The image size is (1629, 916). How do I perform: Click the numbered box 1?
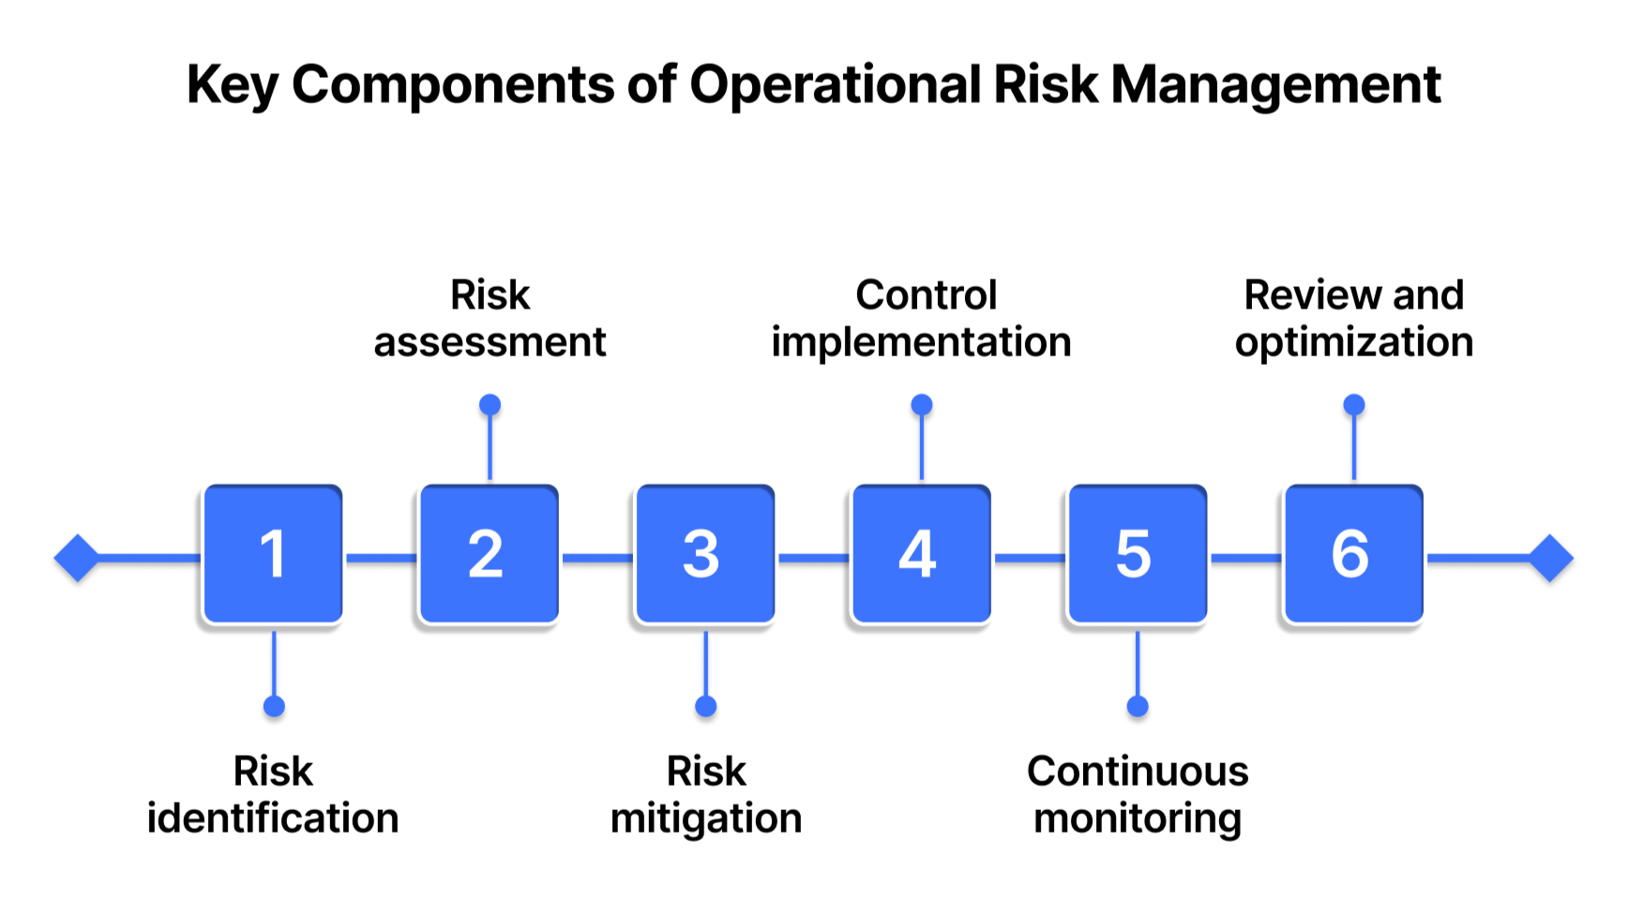[x=273, y=554]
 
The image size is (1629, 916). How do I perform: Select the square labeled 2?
[x=489, y=554]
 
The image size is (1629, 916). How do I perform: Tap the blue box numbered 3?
[x=705, y=554]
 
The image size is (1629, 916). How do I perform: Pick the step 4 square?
[x=921, y=554]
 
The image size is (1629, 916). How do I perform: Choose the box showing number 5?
[x=1137, y=554]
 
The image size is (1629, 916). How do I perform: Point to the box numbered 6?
[x=1353, y=554]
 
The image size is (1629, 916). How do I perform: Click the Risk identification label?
[x=273, y=794]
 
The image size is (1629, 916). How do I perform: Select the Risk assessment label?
[x=490, y=319]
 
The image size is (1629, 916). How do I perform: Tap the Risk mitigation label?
[x=706, y=794]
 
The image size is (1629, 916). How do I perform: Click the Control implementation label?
[x=922, y=319]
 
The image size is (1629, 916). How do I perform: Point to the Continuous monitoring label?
[x=1138, y=794]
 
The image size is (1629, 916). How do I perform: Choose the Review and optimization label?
[x=1354, y=319]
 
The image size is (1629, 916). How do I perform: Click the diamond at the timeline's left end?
[x=77, y=558]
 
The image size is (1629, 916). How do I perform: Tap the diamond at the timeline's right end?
[x=1551, y=558]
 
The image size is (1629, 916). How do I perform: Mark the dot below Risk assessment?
[x=490, y=405]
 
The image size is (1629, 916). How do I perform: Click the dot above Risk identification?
[x=274, y=706]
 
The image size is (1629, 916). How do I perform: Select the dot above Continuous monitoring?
[x=1138, y=706]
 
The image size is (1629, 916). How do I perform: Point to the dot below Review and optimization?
[x=1354, y=405]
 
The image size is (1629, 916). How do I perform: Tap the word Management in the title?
[x=1275, y=85]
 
